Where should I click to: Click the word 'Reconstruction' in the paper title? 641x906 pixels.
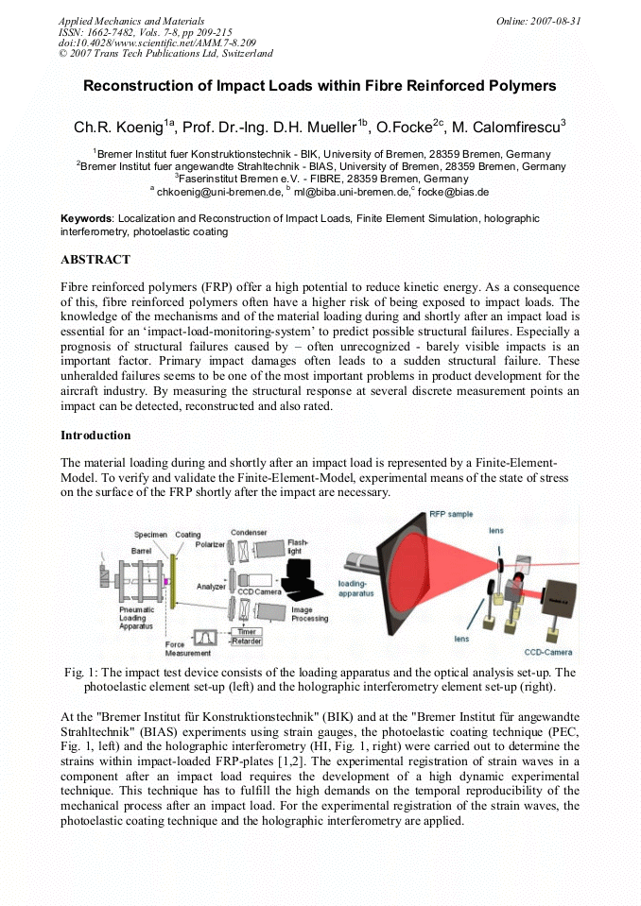141,86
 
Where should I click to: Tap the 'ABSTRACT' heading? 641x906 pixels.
95,259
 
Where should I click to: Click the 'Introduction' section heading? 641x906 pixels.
95,436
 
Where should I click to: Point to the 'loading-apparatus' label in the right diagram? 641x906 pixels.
355,589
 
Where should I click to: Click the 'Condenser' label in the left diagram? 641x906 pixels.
249,532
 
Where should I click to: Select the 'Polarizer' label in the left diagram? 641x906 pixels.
210,545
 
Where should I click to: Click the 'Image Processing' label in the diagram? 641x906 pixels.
309,614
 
